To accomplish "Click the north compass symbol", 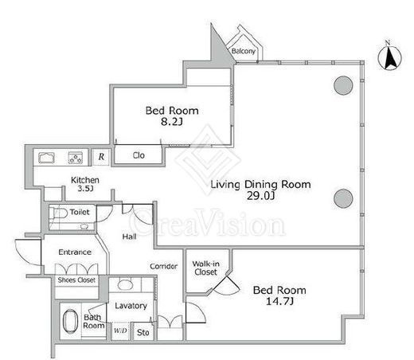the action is click(x=389, y=57).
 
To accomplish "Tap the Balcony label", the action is click(x=244, y=51).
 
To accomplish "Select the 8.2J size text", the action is click(x=172, y=122).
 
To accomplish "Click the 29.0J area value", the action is click(x=260, y=196).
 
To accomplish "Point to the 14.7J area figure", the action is click(x=279, y=301).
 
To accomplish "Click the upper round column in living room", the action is click(x=343, y=85).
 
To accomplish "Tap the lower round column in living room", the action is click(x=343, y=198).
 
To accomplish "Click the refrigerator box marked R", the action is click(x=101, y=157).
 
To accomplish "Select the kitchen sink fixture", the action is click(x=46, y=158).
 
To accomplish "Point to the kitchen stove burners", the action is click(x=76, y=158).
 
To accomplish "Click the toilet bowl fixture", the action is click(x=58, y=213).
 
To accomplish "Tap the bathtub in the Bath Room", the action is click(x=71, y=321).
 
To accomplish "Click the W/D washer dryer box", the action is click(x=121, y=331).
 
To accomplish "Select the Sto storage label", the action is click(x=143, y=332).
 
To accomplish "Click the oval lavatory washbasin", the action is click(x=125, y=285).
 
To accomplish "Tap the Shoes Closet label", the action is click(x=76, y=280).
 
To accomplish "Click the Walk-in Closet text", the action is click(x=205, y=268).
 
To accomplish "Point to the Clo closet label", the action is click(x=139, y=155).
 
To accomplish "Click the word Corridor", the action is click(x=163, y=266).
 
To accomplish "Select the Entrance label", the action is click(x=75, y=252).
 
